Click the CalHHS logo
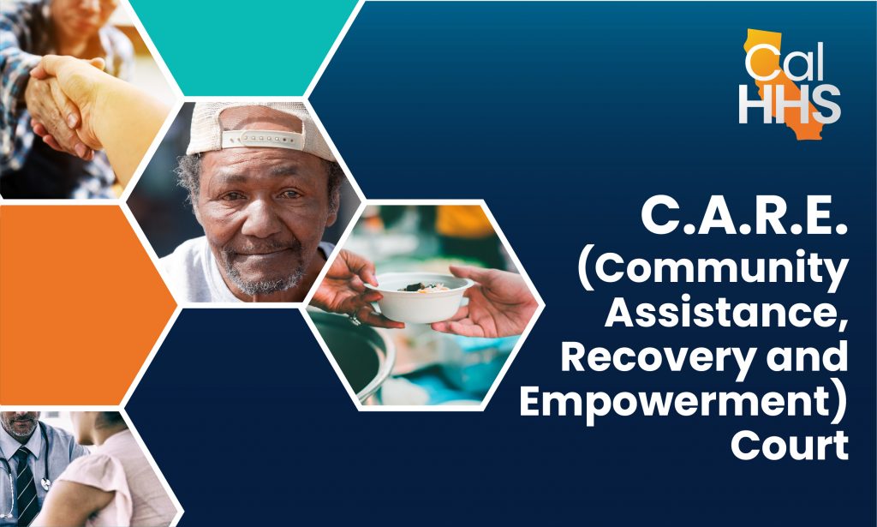(x=790, y=83)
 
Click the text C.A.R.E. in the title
(x=745, y=216)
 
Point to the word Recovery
(x=659, y=358)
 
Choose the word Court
(x=790, y=445)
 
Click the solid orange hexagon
(x=84, y=305)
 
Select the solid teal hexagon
(x=244, y=47)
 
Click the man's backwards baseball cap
(x=260, y=131)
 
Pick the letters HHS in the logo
(x=790, y=105)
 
